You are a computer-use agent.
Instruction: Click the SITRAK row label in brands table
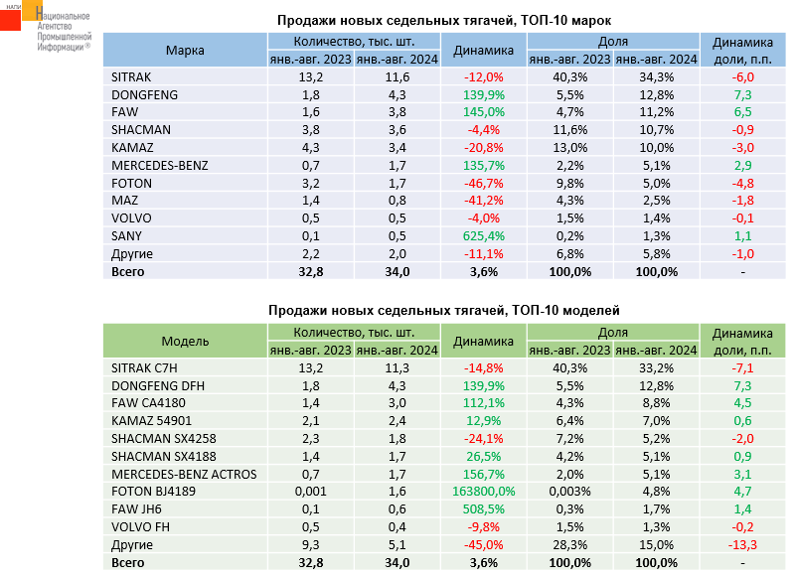coord(133,76)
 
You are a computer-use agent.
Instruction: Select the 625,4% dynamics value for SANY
coord(484,235)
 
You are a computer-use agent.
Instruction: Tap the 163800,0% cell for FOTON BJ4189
coord(484,491)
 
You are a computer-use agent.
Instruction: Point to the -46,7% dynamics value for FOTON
coord(484,183)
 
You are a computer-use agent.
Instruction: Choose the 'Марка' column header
coord(185,51)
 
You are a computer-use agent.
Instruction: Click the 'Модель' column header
coord(185,342)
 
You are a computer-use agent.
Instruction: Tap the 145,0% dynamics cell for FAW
coord(484,112)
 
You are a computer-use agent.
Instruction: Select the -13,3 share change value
coord(742,544)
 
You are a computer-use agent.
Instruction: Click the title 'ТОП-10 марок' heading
coord(443,20)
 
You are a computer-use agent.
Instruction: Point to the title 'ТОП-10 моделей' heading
coord(443,311)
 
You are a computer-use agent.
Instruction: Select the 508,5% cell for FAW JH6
coord(484,508)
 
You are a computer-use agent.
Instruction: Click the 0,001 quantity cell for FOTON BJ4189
coord(309,491)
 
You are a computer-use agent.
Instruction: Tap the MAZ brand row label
coord(125,201)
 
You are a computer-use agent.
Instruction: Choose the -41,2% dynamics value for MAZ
coord(484,201)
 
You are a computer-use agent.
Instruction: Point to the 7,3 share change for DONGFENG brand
coord(742,94)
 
